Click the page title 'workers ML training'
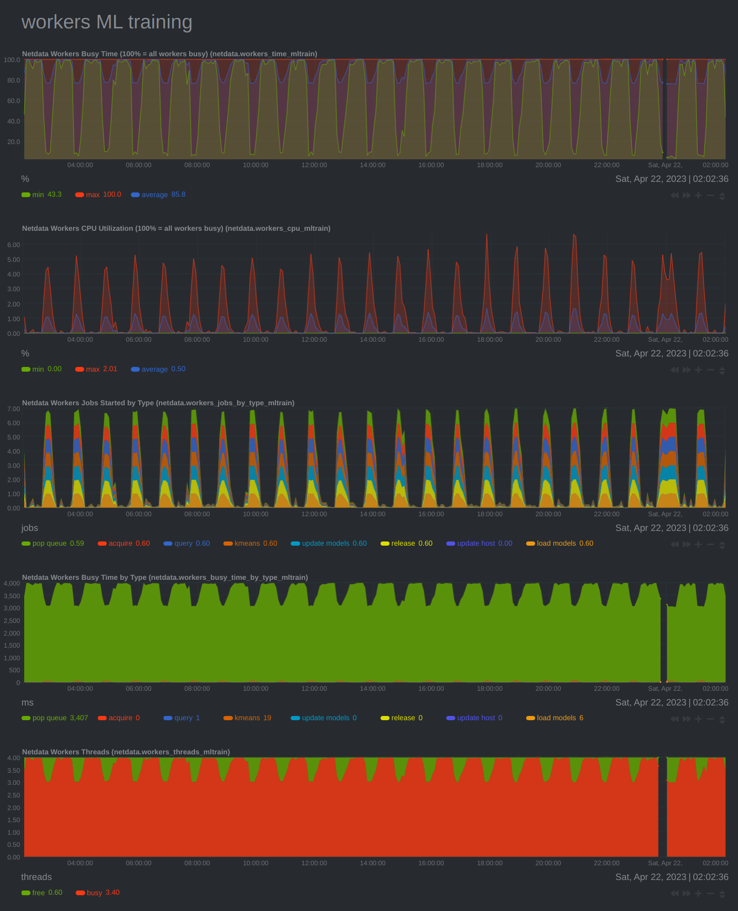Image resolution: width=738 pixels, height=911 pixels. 107,22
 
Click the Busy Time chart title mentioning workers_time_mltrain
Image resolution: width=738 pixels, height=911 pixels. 169,54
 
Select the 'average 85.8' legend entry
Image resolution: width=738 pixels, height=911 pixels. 158,195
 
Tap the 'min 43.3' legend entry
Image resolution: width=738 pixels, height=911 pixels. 42,195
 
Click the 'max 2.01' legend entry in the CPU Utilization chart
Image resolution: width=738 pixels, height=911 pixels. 96,369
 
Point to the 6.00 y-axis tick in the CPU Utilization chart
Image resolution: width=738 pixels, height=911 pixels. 13,245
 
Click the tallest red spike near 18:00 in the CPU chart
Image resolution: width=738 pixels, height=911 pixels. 487,237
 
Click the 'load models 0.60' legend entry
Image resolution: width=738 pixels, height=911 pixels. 560,544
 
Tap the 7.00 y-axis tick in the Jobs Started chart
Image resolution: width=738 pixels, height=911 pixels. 13,409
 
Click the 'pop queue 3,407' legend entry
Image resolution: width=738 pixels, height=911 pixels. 55,718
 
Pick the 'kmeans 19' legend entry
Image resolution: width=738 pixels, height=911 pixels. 248,718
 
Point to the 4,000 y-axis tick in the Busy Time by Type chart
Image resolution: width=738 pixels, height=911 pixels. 12,584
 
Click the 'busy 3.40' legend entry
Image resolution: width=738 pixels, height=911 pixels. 98,893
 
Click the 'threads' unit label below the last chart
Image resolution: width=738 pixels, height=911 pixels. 36,877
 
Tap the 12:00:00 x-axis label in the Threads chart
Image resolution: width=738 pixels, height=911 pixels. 314,863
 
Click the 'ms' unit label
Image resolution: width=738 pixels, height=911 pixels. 27,702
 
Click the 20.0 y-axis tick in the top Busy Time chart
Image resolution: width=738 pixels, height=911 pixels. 13,142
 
